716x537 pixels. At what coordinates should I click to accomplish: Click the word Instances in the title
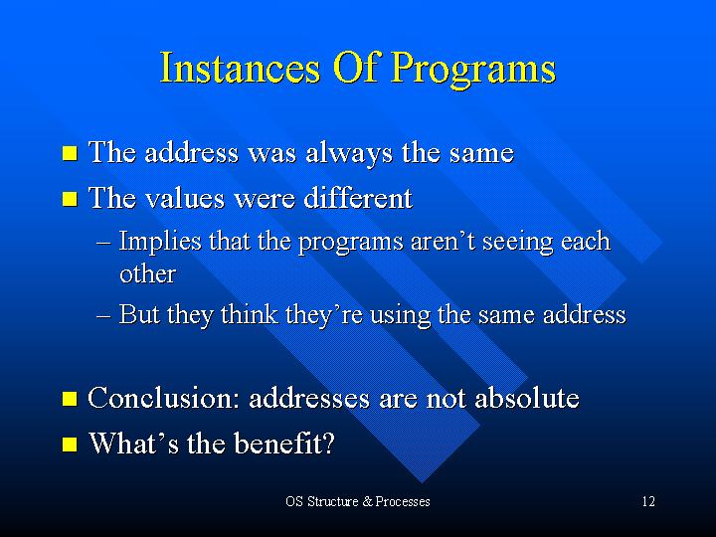click(240, 68)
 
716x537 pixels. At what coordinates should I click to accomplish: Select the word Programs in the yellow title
click(473, 70)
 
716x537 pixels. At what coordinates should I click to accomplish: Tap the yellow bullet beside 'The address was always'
click(70, 153)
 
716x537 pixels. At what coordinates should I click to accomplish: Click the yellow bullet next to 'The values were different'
click(70, 199)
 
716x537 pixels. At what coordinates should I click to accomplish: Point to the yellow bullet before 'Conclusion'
click(70, 399)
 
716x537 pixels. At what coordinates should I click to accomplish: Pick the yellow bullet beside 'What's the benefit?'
click(70, 444)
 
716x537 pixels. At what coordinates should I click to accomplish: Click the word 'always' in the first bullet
click(349, 154)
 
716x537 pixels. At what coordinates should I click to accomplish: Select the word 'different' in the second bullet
click(358, 198)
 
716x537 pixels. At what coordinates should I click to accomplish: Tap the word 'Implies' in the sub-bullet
click(160, 242)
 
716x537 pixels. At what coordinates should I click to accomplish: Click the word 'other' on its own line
click(147, 274)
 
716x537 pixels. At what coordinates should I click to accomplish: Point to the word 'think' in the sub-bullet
click(250, 314)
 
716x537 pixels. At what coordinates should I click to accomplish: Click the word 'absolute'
click(527, 398)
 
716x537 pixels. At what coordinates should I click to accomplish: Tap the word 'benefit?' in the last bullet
click(284, 443)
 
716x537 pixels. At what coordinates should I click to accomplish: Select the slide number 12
click(648, 502)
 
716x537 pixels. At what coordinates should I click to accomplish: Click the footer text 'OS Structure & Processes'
click(358, 502)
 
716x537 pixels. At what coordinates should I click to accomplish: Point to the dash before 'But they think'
click(103, 316)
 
